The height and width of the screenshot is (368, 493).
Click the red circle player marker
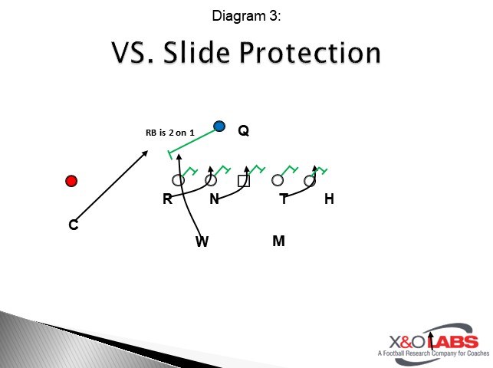click(x=71, y=181)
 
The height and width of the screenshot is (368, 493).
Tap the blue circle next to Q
click(x=220, y=126)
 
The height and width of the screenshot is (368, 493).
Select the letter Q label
click(x=243, y=131)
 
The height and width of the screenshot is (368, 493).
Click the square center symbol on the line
click(x=243, y=181)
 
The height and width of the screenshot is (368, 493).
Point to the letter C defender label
click(x=74, y=225)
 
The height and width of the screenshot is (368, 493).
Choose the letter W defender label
click(x=202, y=242)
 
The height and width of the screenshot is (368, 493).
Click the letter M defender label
click(x=278, y=242)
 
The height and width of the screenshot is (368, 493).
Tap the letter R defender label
click(x=167, y=199)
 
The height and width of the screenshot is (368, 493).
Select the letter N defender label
click(x=215, y=199)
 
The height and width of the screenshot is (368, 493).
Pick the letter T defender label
click(x=284, y=199)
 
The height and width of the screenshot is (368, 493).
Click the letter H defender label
click(x=329, y=199)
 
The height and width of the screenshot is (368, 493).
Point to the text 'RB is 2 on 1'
click(x=169, y=133)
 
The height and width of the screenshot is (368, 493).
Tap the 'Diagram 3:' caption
click(x=245, y=15)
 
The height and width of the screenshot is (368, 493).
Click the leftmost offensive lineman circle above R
click(x=178, y=181)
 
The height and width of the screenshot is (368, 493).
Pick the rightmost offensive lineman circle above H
click(x=310, y=181)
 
